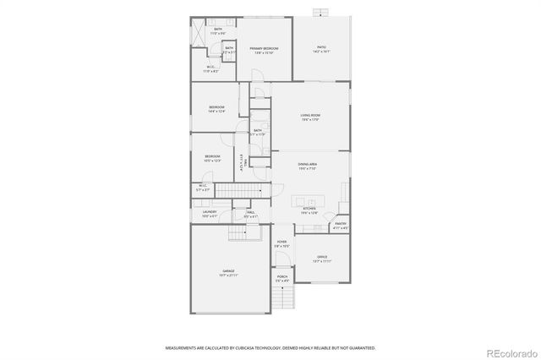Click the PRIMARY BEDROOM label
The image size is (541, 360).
pyautogui.click(x=264, y=49)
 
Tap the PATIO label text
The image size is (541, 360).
pyautogui.click(x=320, y=47)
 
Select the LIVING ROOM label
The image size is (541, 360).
pyautogui.click(x=310, y=116)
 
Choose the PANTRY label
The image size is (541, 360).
pyautogui.click(x=340, y=224)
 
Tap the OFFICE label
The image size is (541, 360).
pyautogui.click(x=321, y=257)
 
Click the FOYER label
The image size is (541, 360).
pyautogui.click(x=281, y=243)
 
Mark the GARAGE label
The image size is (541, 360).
pyautogui.click(x=228, y=271)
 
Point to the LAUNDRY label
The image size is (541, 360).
pyautogui.click(x=209, y=212)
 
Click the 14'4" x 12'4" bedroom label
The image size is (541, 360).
pyautogui.click(x=216, y=108)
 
